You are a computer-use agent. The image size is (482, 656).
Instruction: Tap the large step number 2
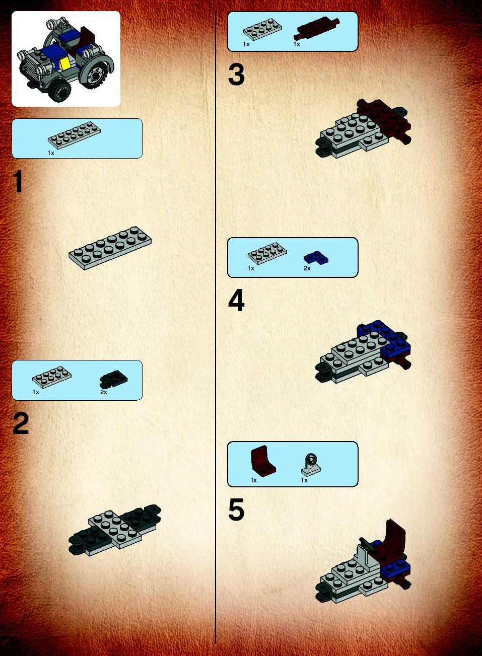tap(21, 423)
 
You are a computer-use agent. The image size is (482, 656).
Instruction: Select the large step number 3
tap(236, 75)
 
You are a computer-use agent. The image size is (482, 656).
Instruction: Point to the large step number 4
tap(236, 301)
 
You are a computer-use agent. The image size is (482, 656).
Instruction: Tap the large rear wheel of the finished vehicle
tap(95, 72)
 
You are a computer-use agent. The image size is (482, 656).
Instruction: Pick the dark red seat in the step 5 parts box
tap(262, 461)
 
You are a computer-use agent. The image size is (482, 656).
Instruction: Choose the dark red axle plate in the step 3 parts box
tap(317, 28)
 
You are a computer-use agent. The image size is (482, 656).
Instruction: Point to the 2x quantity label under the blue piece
tap(307, 268)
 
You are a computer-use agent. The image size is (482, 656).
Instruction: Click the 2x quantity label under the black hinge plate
tap(103, 392)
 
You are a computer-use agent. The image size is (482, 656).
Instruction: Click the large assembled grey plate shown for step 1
tap(110, 248)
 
